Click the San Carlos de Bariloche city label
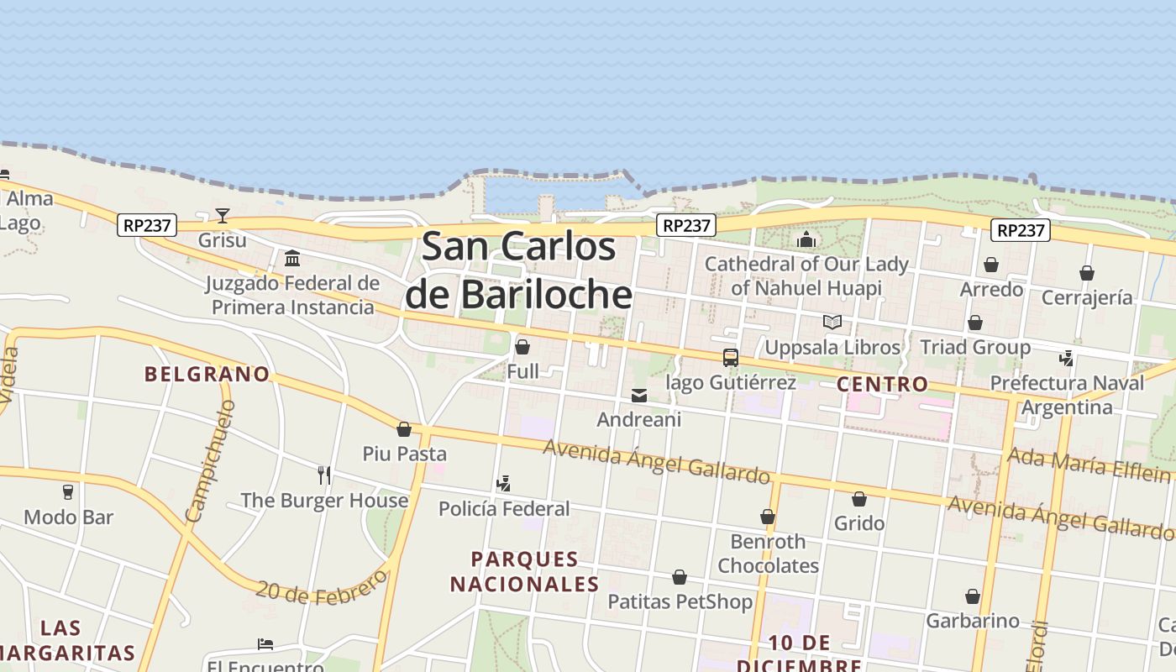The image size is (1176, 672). (x=518, y=270)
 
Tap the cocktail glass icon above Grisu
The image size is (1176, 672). (x=223, y=216)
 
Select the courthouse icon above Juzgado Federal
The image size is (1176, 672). (x=292, y=258)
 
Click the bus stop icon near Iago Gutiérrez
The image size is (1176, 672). (x=730, y=358)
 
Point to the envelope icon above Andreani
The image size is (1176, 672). (x=639, y=395)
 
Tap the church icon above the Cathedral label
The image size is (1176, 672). (x=806, y=240)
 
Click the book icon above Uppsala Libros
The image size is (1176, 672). (x=832, y=323)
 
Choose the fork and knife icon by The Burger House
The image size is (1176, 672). (x=324, y=475)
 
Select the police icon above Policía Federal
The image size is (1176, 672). (x=504, y=484)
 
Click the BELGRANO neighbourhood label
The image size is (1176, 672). (x=207, y=375)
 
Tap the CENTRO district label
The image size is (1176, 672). (x=883, y=385)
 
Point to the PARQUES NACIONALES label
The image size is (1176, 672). (x=524, y=571)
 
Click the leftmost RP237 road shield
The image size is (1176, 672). (x=147, y=225)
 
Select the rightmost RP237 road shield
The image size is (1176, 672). (x=1021, y=230)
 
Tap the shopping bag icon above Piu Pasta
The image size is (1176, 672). (x=404, y=429)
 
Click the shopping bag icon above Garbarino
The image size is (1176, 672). (x=973, y=596)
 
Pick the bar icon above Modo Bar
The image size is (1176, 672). (x=68, y=492)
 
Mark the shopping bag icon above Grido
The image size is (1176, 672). (x=859, y=499)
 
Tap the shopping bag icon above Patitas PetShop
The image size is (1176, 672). (x=680, y=577)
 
